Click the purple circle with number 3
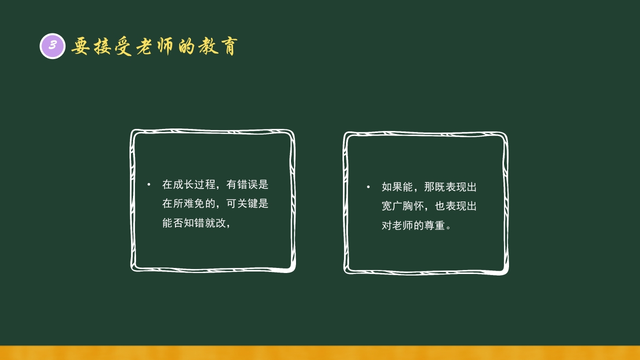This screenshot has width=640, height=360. click(52, 46)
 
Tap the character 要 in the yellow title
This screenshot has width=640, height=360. click(80, 46)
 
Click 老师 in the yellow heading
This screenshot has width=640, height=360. click(165, 46)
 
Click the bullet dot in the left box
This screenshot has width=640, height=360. click(148, 185)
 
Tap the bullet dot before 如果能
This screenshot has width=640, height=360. click(368, 187)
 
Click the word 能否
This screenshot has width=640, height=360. click(172, 223)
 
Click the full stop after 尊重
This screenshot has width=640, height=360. click(448, 226)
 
